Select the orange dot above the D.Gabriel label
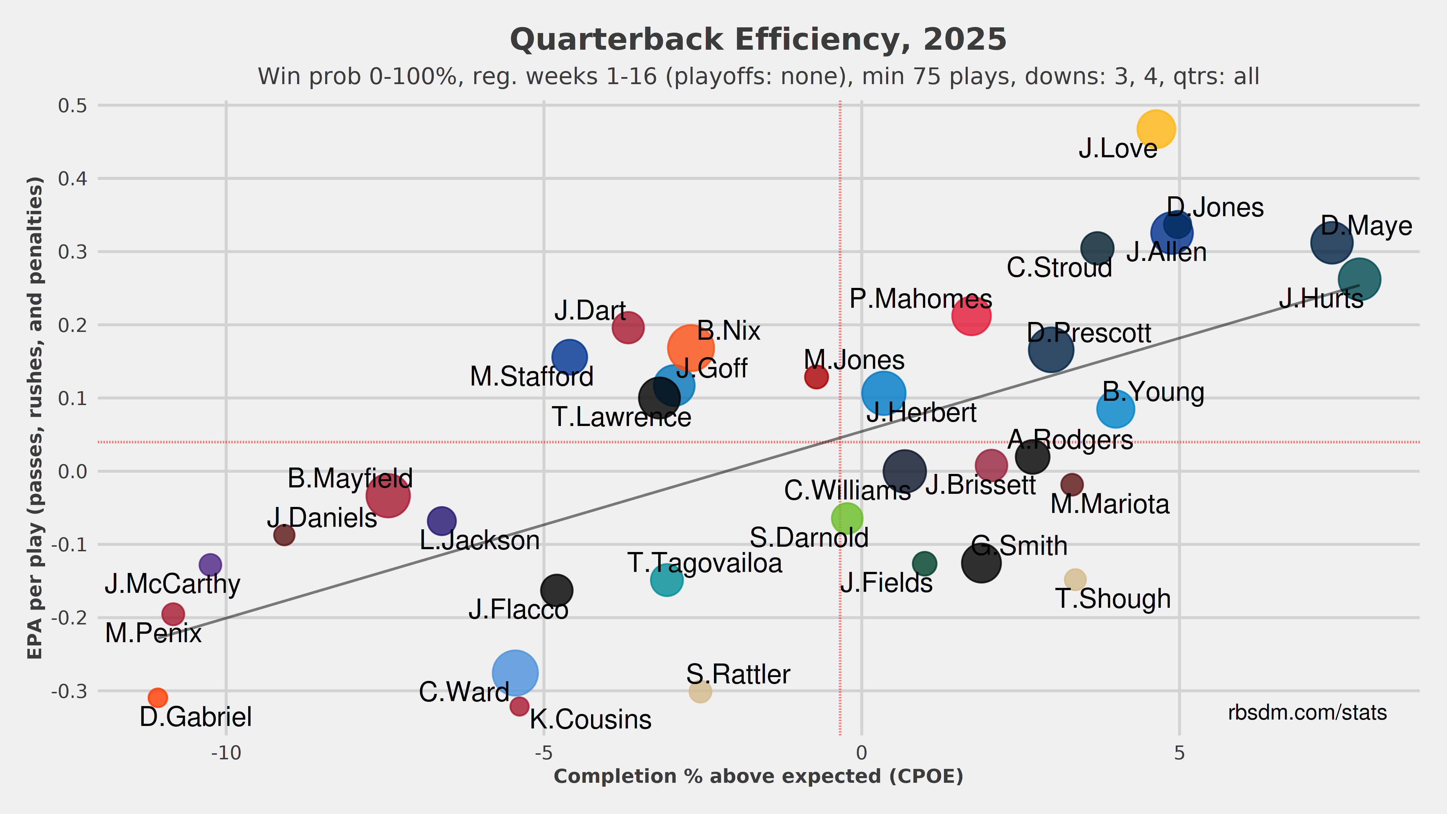point(158,698)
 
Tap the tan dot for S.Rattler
point(700,691)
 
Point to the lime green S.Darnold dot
point(847,518)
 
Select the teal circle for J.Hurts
point(1359,279)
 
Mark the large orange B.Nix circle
point(691,348)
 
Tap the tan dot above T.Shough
point(1075,579)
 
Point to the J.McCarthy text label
point(173,584)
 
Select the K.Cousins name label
point(590,720)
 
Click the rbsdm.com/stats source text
point(1307,712)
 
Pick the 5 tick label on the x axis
point(1179,753)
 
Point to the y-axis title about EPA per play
point(35,419)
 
